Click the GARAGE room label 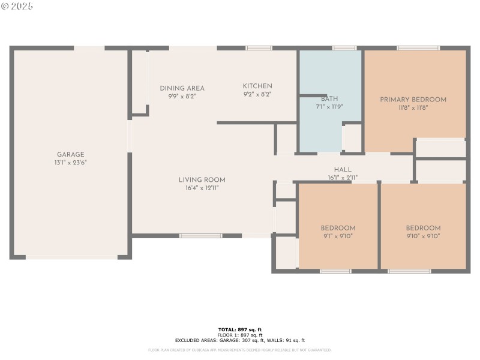(70, 154)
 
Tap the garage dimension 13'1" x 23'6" (70, 162)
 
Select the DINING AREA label (182, 88)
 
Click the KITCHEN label (257, 86)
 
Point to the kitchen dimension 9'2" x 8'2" (257, 94)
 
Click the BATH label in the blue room (329, 99)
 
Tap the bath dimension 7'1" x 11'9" (329, 107)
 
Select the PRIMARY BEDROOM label (413, 100)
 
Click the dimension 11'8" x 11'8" (413, 108)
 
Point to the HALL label (343, 170)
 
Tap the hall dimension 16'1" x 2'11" (343, 178)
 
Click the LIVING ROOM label (202, 179)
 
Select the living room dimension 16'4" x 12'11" (202, 188)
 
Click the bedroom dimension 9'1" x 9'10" (338, 236)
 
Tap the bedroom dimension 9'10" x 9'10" (423, 236)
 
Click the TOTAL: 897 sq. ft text (240, 329)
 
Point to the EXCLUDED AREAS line (240, 340)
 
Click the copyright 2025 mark (17, 6)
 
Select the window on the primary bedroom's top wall (418, 48)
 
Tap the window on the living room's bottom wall (201, 236)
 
